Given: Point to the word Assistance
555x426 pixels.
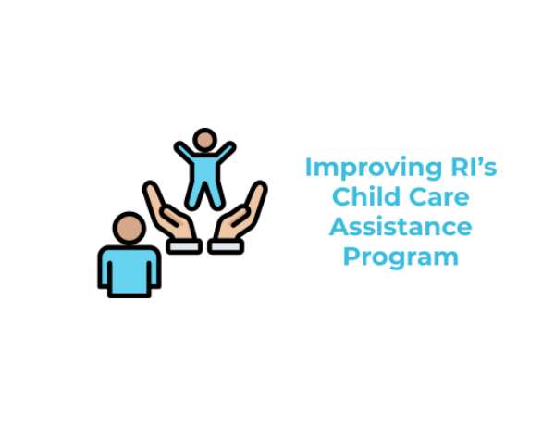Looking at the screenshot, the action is coord(401,227).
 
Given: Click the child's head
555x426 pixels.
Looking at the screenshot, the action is coord(204,140).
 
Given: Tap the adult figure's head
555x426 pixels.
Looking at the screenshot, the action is coord(129,228).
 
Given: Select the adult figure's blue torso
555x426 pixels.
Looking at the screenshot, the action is coord(129,271).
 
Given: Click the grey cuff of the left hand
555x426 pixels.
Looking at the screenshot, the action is coord(184,246).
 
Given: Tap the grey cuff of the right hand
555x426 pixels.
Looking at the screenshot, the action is coord(226,246).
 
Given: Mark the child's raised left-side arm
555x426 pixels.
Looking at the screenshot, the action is coord(184,151).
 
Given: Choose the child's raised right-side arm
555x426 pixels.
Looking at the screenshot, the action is coord(226,151).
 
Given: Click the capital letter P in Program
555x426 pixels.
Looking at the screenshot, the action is coord(351,256).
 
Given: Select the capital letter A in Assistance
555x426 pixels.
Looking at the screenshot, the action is coord(339,226).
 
